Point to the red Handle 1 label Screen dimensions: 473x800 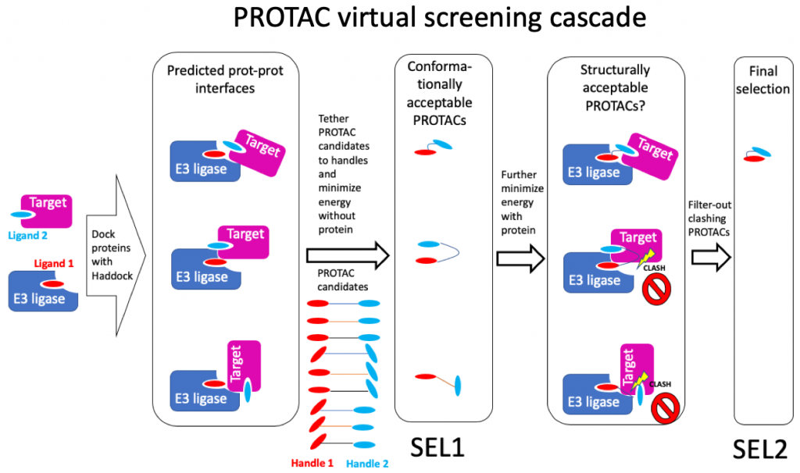click(312, 463)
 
